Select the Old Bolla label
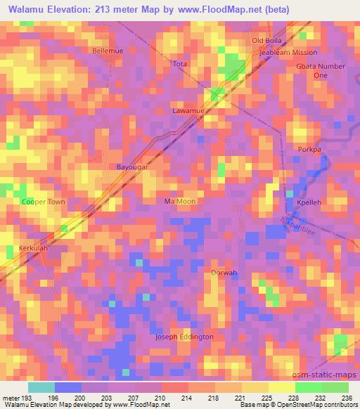coord(266,40)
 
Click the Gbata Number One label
coord(321,70)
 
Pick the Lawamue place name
coord(188,111)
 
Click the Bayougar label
coord(131,168)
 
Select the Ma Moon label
coord(179,201)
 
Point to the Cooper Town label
coord(43,202)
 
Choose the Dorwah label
coord(224,273)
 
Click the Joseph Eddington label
coord(184,337)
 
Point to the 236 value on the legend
coord(347,398)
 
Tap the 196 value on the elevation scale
coord(53,398)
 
